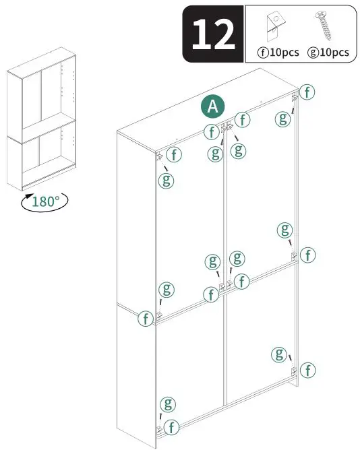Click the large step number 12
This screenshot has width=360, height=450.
click(x=213, y=34)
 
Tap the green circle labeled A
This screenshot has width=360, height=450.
click(x=214, y=106)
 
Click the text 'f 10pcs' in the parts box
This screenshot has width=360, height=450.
click(x=278, y=53)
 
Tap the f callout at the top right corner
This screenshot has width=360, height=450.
click(x=307, y=92)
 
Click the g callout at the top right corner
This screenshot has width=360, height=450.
click(x=284, y=119)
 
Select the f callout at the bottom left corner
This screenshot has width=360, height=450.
click(x=173, y=427)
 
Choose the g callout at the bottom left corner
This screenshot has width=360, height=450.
click(x=167, y=405)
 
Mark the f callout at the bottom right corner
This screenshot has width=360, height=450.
click(x=307, y=370)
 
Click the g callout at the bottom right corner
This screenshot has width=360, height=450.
click(x=278, y=354)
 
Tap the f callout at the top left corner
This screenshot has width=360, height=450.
click(x=174, y=155)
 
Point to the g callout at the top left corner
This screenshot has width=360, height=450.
click(x=166, y=180)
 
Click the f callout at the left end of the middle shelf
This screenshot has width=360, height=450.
click(x=146, y=318)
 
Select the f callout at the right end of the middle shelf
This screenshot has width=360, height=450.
click(x=307, y=255)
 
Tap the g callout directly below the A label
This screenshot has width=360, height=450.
click(x=215, y=154)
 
